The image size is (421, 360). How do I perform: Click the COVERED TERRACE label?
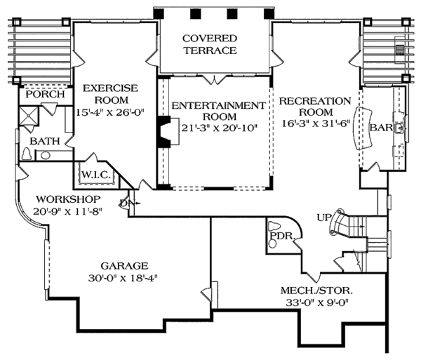tap(210, 44)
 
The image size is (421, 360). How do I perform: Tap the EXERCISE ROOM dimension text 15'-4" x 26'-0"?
tap(111, 112)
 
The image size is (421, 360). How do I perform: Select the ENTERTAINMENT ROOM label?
tap(219, 111)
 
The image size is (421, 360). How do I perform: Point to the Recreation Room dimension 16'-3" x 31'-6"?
tap(316, 124)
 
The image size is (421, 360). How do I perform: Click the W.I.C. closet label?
tap(96, 175)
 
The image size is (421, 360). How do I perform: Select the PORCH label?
tap(46, 94)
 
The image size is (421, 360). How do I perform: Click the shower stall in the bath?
tap(29, 116)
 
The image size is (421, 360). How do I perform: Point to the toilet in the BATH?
tap(26, 154)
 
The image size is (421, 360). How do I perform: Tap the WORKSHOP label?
tap(68, 199)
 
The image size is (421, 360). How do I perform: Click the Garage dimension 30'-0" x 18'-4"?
tap(123, 279)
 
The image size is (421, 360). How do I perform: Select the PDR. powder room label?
tap(283, 236)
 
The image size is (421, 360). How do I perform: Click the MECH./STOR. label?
tap(317, 291)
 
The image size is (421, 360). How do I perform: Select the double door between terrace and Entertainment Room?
tap(214, 79)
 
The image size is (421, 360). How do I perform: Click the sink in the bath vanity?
tap(46, 155)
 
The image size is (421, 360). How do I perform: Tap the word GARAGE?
tap(125, 266)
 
